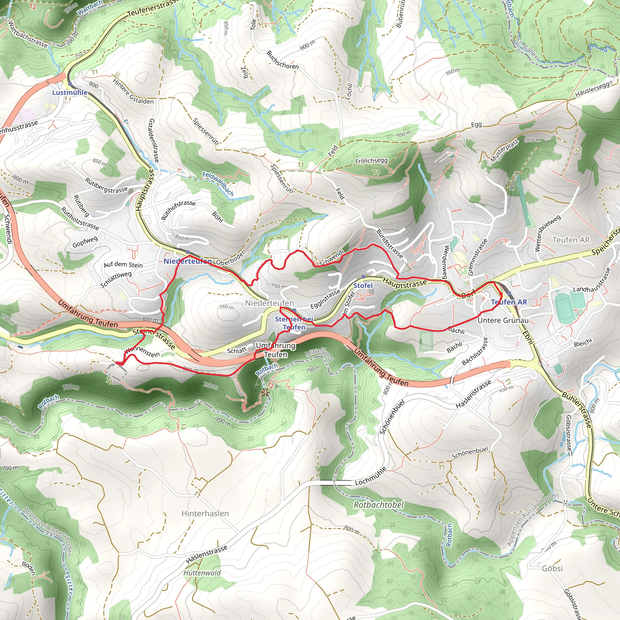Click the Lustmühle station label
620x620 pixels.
70,92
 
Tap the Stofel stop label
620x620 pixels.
363,285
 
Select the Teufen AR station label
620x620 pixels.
509,302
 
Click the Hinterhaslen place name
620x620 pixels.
205,513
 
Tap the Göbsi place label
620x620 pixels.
552,568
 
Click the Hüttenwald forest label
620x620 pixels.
202,573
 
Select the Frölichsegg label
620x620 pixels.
371,161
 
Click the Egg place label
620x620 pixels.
476,124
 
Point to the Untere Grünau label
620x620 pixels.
503,320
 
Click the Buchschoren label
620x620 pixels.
282,60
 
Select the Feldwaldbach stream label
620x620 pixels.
218,184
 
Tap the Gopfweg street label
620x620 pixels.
85,242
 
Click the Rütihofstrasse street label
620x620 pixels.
178,209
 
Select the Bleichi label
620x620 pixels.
583,342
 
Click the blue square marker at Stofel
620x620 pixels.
363,277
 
